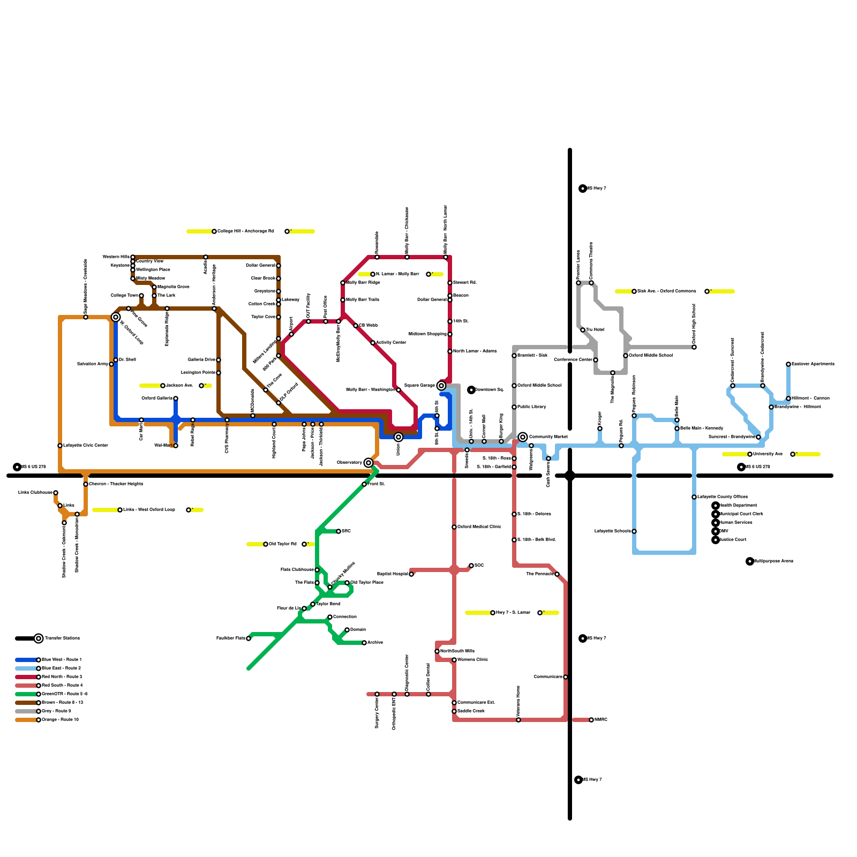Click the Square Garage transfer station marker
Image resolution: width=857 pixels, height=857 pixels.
441,386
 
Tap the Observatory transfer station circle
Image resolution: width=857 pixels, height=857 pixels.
369,463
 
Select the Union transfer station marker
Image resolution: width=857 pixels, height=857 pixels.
399,437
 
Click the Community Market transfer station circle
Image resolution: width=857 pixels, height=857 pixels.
523,437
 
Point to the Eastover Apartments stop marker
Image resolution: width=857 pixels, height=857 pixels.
788,364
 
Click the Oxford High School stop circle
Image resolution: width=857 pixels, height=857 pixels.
694,347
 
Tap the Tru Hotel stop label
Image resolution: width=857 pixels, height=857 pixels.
595,330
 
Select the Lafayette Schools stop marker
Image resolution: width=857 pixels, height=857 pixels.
634,531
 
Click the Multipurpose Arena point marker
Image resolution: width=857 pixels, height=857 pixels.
750,561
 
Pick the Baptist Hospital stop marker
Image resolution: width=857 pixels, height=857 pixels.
411,574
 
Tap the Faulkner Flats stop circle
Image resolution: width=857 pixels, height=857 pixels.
249,638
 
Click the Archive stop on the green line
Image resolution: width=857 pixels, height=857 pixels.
364,643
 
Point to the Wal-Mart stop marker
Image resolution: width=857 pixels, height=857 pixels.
176,446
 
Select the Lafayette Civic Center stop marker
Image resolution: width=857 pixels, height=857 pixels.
60,446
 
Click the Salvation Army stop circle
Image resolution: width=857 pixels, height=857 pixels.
111,364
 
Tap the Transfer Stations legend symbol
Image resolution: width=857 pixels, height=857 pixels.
39,638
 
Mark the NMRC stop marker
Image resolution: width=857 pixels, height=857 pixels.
591,720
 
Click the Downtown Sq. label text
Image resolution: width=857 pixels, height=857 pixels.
490,390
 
